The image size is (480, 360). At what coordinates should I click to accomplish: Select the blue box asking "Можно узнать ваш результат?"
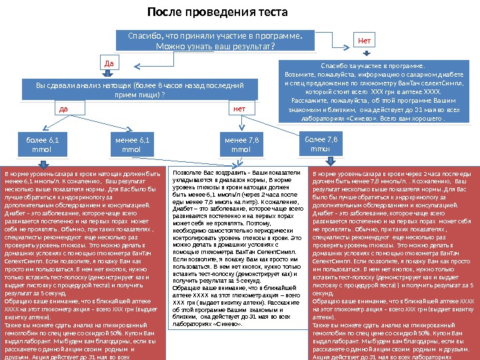pyautogui.click(x=214, y=41)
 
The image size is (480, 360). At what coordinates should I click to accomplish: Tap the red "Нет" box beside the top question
pyautogui.click(x=365, y=40)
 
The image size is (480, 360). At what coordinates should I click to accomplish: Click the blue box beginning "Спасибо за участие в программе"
pyautogui.click(x=372, y=93)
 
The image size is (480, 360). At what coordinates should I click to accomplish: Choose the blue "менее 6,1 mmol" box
pyautogui.click(x=131, y=144)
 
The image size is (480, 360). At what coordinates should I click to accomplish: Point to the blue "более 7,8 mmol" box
pyautogui.click(x=321, y=143)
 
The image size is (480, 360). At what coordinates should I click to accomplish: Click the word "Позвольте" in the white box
pyautogui.click(x=187, y=173)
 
